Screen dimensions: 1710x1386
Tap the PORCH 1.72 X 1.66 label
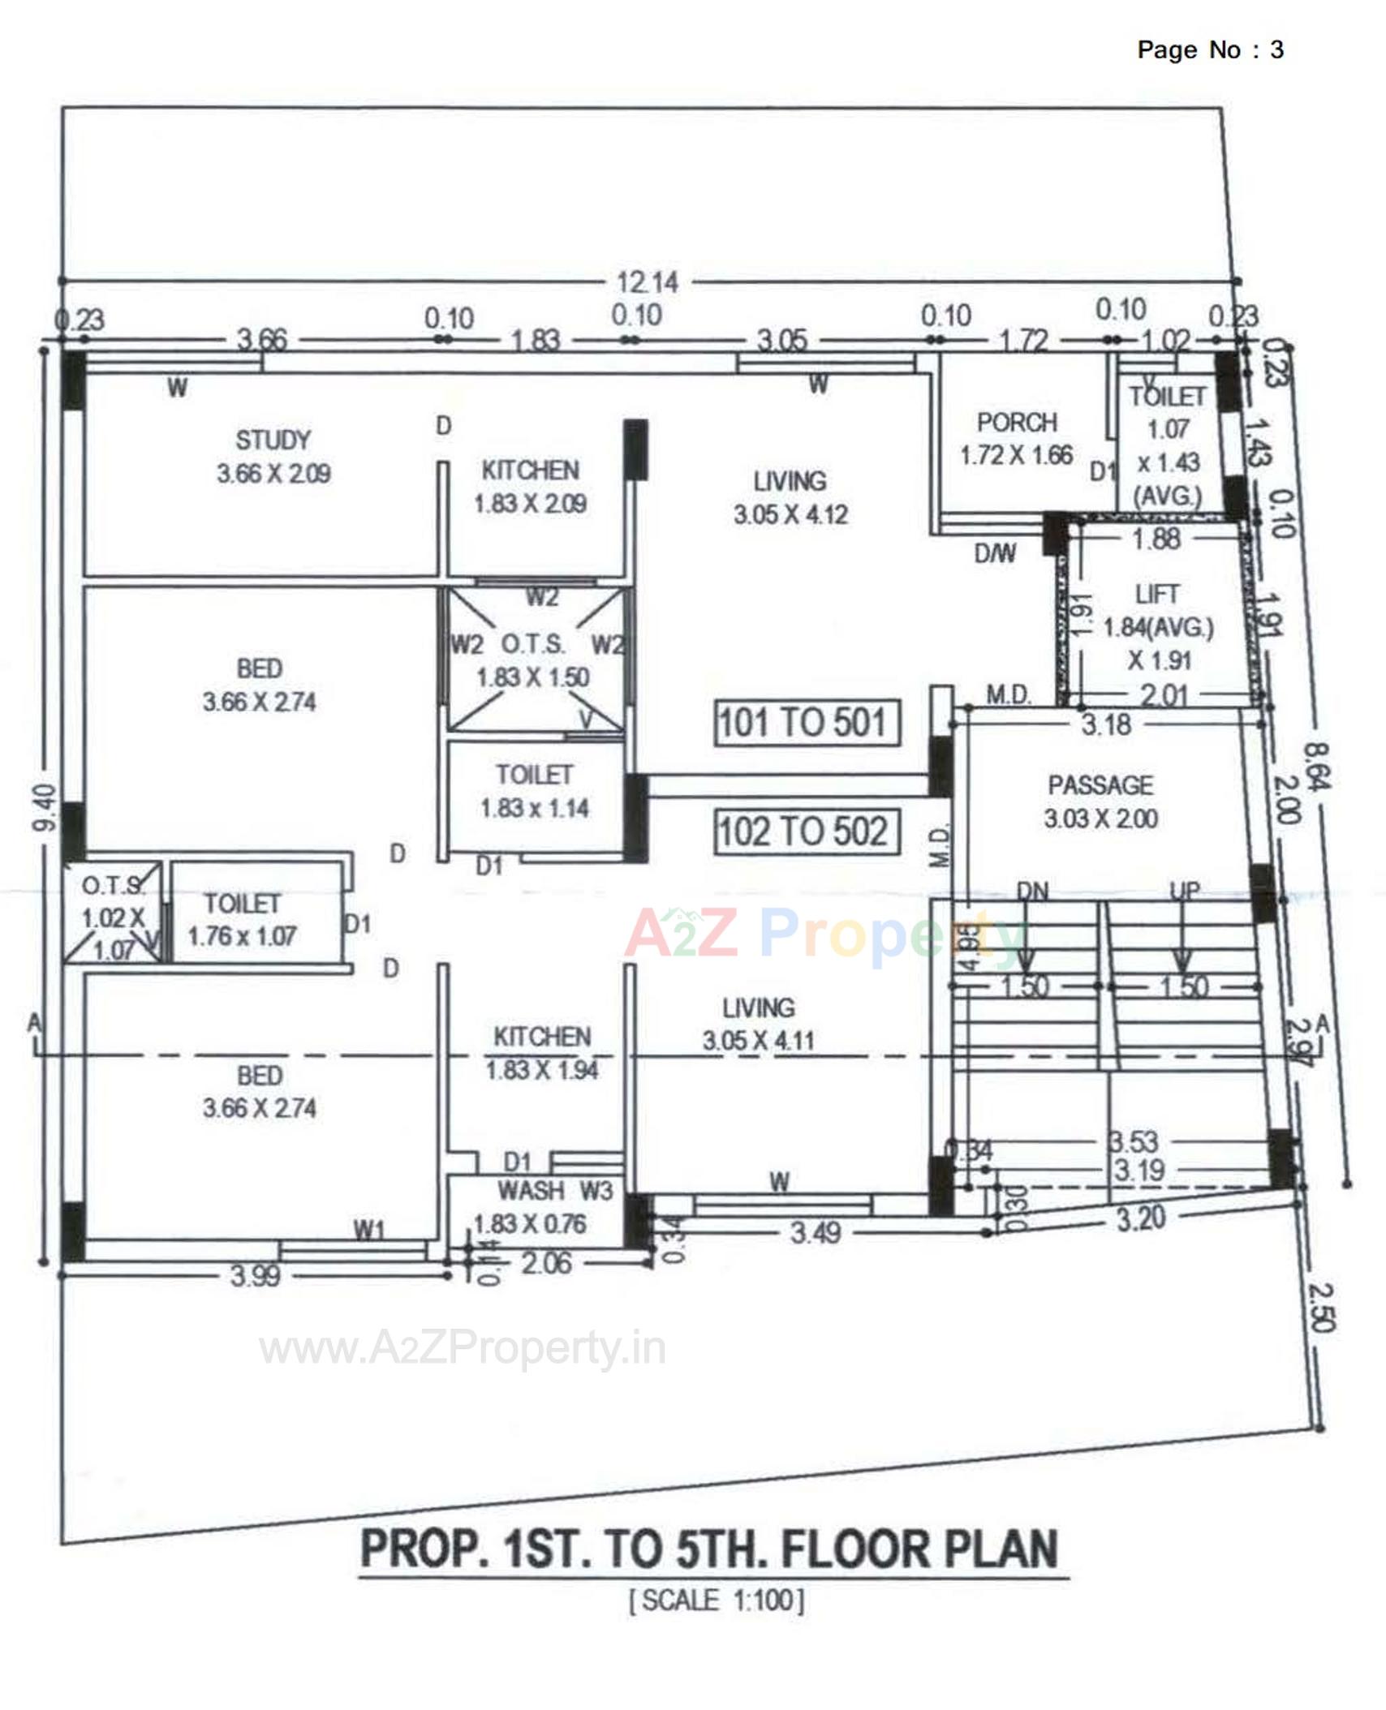[x=1017, y=439]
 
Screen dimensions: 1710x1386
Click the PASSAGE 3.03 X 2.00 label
[x=1100, y=801]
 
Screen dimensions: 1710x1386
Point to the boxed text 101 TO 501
[x=807, y=722]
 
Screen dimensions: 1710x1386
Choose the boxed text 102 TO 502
[x=807, y=831]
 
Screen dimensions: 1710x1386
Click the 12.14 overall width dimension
[x=648, y=282]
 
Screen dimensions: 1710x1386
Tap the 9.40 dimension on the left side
[x=47, y=807]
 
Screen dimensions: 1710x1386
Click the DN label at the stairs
[x=1032, y=892]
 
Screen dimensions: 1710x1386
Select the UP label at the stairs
[x=1184, y=891]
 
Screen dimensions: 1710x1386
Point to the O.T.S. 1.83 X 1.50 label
[x=533, y=661]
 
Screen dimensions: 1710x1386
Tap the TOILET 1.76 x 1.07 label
[x=242, y=920]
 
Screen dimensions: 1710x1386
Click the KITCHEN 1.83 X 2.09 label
[x=531, y=487]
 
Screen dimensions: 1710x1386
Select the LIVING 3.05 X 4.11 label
[x=759, y=1025]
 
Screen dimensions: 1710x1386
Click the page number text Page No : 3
[x=1210, y=50]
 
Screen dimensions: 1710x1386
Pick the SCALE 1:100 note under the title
[x=717, y=1600]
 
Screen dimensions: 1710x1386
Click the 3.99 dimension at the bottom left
[x=255, y=1276]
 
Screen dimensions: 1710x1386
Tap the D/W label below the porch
[x=995, y=554]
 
